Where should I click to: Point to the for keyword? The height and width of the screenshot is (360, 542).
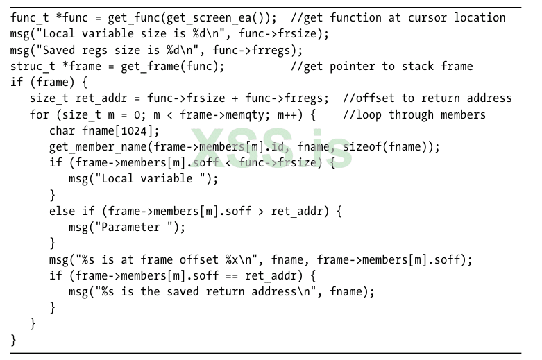[x=40, y=114]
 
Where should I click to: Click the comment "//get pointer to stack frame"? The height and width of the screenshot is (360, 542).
[x=382, y=66]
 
